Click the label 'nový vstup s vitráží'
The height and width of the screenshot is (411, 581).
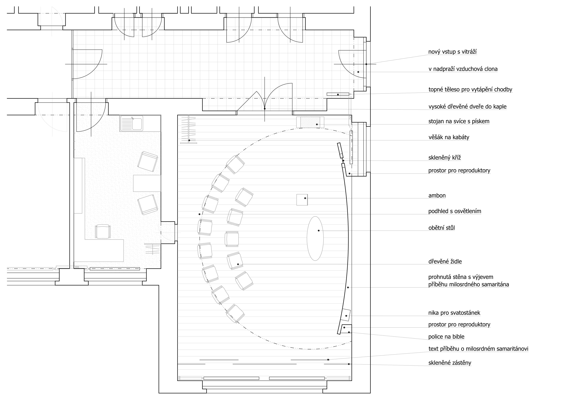click(452, 52)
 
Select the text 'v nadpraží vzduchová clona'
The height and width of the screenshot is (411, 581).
click(463, 69)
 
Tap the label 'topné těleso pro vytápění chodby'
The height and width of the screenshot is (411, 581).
click(470, 90)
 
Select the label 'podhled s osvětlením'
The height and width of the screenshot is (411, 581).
click(455, 211)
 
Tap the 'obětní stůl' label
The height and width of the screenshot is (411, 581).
click(442, 228)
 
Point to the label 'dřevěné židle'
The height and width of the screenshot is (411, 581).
click(445, 262)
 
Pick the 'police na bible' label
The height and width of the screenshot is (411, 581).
click(446, 337)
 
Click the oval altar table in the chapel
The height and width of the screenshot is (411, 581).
click(315, 238)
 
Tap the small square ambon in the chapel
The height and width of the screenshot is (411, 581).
click(302, 200)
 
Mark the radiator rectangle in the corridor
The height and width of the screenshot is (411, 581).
click(338, 94)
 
